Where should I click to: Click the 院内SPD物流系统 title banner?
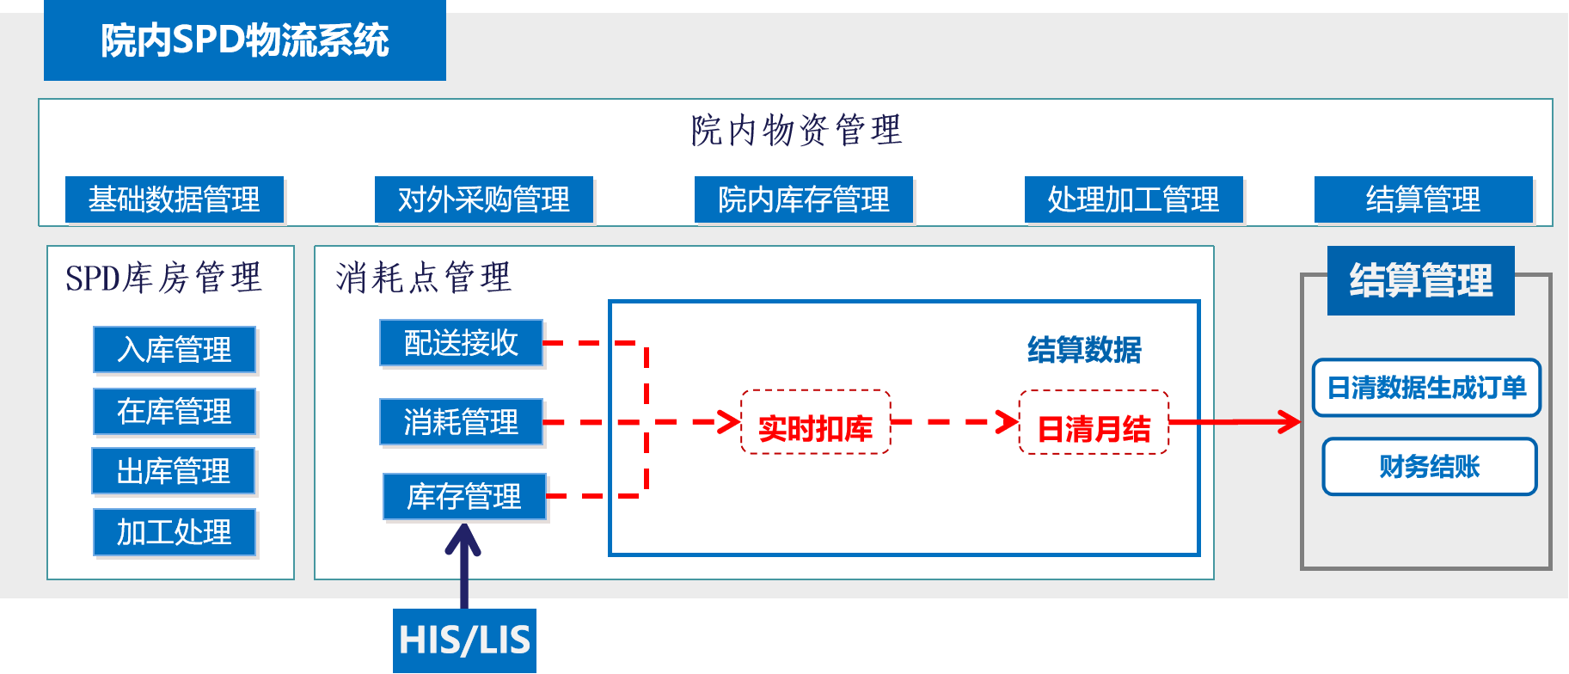tap(245, 40)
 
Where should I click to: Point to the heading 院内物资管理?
tap(797, 131)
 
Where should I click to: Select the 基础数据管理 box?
tap(175, 199)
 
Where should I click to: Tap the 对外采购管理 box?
tap(484, 199)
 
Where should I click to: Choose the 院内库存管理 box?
tap(804, 199)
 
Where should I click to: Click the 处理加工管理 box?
tap(1133, 199)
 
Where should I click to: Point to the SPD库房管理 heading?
tap(163, 278)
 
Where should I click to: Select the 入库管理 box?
tap(175, 349)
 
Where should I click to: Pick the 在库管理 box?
tap(175, 411)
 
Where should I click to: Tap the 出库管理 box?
tap(174, 471)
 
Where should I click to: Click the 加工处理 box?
tap(175, 532)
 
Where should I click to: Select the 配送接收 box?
tap(461, 342)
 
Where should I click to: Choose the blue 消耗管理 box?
tap(461, 421)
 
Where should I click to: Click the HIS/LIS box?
tap(464, 640)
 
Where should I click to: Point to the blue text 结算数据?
tap(1084, 350)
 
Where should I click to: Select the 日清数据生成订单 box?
tap(1426, 388)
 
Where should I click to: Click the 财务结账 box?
tap(1429, 467)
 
